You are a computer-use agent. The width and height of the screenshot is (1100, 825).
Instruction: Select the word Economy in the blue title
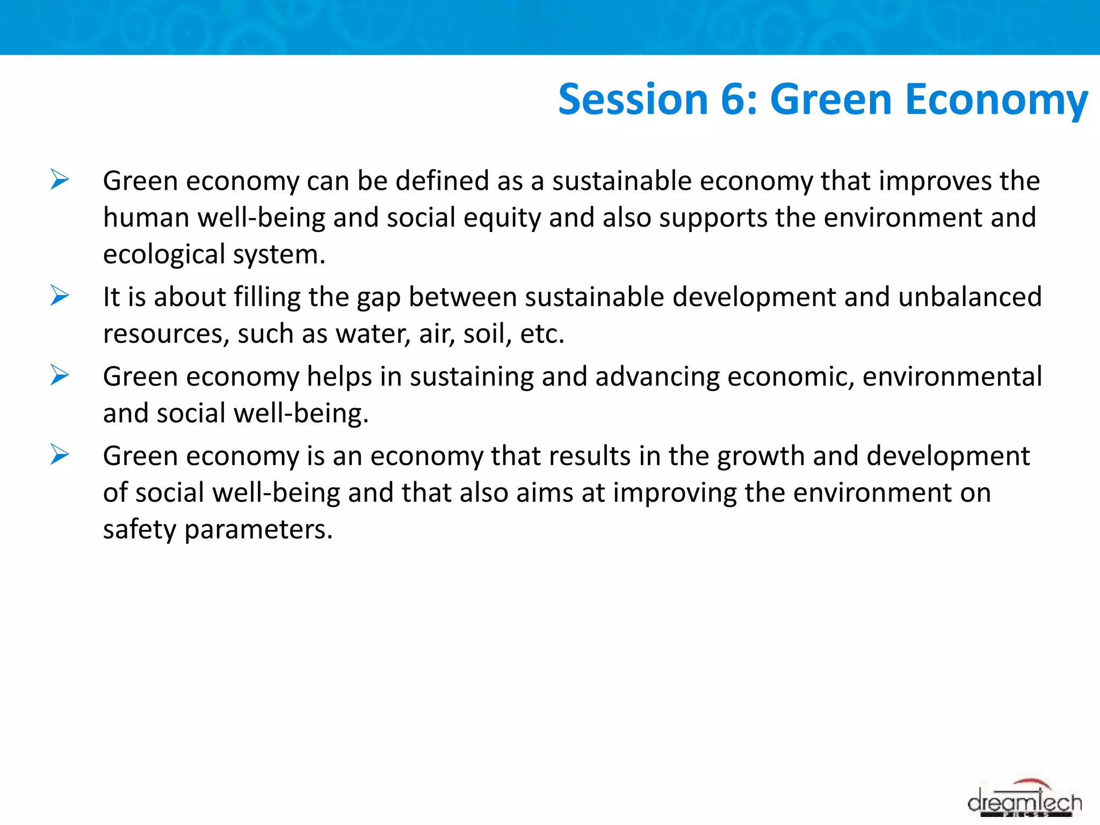(996, 100)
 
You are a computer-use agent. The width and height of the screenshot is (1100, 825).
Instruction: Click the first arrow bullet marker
(60, 179)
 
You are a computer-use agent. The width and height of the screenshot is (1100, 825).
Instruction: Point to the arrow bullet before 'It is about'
(60, 295)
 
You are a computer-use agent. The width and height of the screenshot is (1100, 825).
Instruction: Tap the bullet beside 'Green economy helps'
(60, 375)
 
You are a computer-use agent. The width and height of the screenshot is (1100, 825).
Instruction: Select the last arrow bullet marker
(60, 454)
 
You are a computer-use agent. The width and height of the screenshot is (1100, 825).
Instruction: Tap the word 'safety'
(140, 530)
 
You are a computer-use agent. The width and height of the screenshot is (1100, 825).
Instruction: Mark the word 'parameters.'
(258, 530)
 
